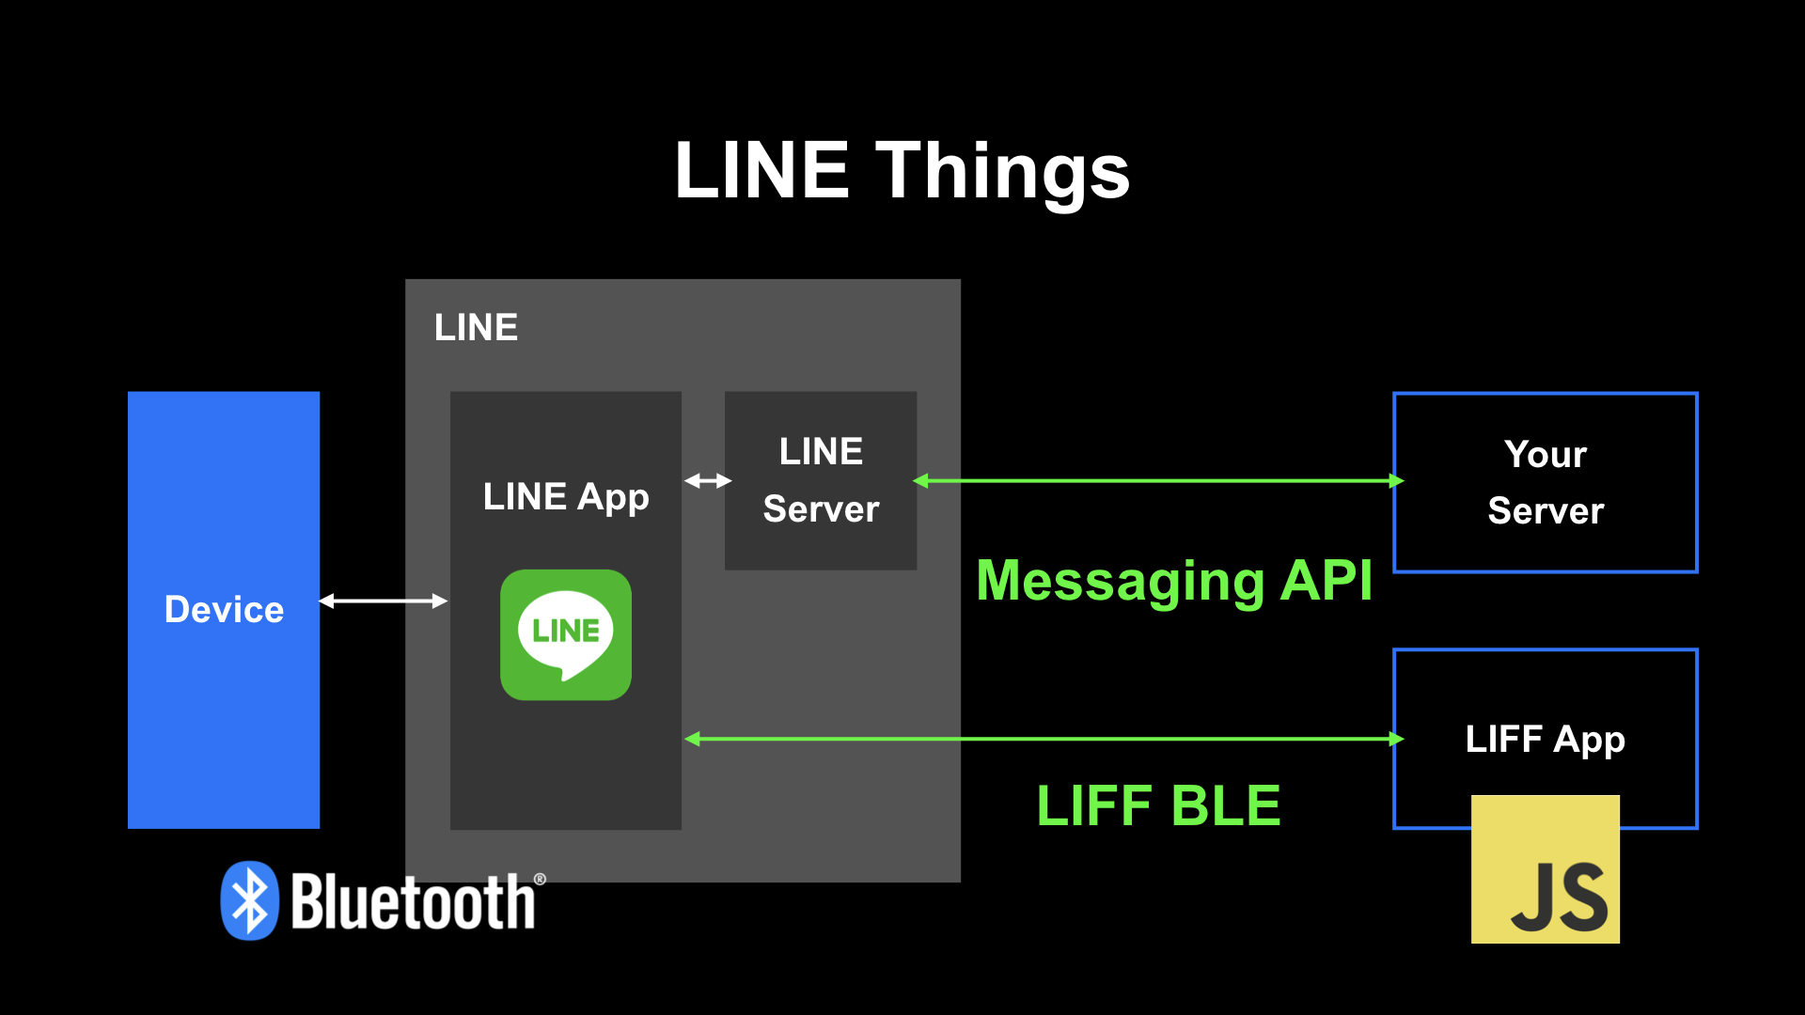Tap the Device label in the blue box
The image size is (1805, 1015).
pyautogui.click(x=224, y=610)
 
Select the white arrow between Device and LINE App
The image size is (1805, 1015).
pyautogui.click(x=383, y=601)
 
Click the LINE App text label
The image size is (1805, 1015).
pyautogui.click(x=566, y=496)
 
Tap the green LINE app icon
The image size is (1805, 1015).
pyautogui.click(x=566, y=634)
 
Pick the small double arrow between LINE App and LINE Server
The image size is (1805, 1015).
pyautogui.click(x=707, y=481)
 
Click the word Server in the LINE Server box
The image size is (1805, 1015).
pyautogui.click(x=821, y=509)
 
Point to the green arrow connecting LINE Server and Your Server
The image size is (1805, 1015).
pyautogui.click(x=1156, y=481)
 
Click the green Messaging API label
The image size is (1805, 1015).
pyautogui.click(x=1174, y=581)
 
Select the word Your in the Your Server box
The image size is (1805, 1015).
pyautogui.click(x=1545, y=455)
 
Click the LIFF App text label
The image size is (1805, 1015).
pyautogui.click(x=1545, y=740)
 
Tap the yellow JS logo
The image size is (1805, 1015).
pyautogui.click(x=1545, y=869)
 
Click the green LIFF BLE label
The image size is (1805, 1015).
pyautogui.click(x=1158, y=806)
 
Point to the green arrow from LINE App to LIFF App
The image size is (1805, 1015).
pyautogui.click(x=1044, y=740)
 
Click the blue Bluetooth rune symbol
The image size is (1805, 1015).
pyautogui.click(x=250, y=900)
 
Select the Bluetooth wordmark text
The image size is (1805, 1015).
pyautogui.click(x=413, y=902)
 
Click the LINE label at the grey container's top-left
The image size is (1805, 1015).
pyautogui.click(x=476, y=328)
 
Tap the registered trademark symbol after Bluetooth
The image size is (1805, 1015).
pyautogui.click(x=540, y=880)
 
